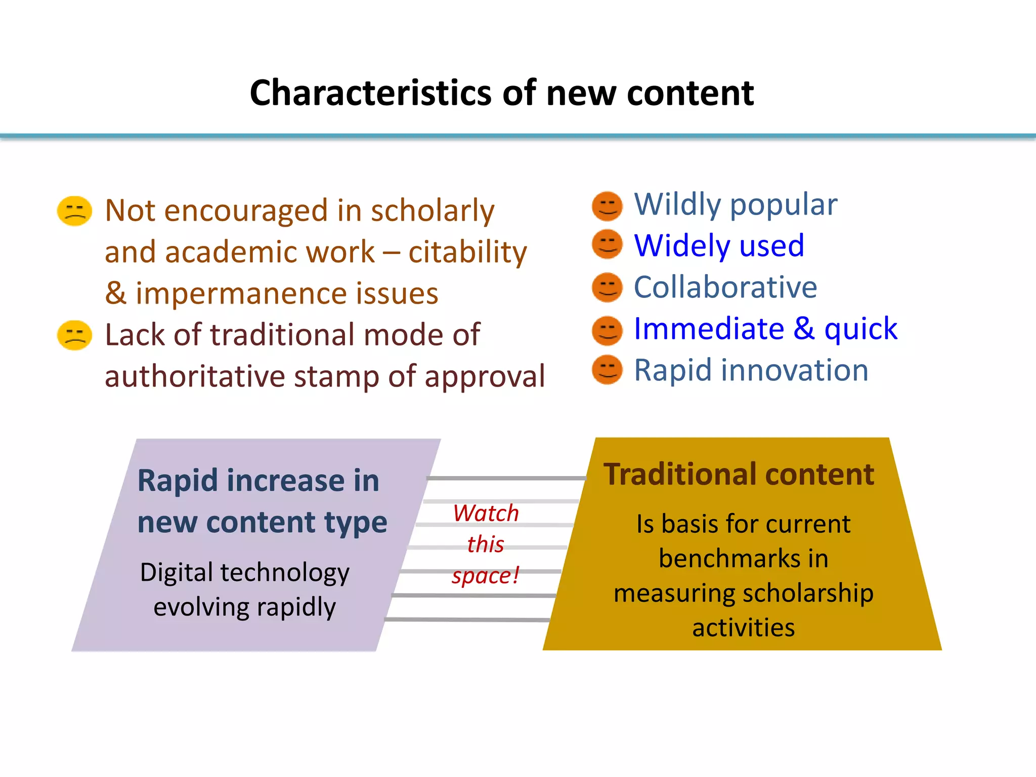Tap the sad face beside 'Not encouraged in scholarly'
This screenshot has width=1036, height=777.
[75, 211]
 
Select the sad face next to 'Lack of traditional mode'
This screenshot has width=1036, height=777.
[75, 335]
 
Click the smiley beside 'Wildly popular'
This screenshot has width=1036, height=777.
[607, 206]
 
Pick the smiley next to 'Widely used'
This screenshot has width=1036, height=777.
[607, 244]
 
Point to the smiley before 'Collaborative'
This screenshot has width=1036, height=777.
[607, 287]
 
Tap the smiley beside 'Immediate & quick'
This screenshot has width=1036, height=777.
[607, 330]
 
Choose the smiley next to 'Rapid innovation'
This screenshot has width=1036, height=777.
[607, 370]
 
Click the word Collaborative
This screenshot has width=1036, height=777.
[725, 287]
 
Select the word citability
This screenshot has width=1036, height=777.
[467, 252]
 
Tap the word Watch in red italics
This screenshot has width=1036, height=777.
[486, 513]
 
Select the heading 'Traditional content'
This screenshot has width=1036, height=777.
[739, 474]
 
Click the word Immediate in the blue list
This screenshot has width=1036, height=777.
[709, 329]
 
